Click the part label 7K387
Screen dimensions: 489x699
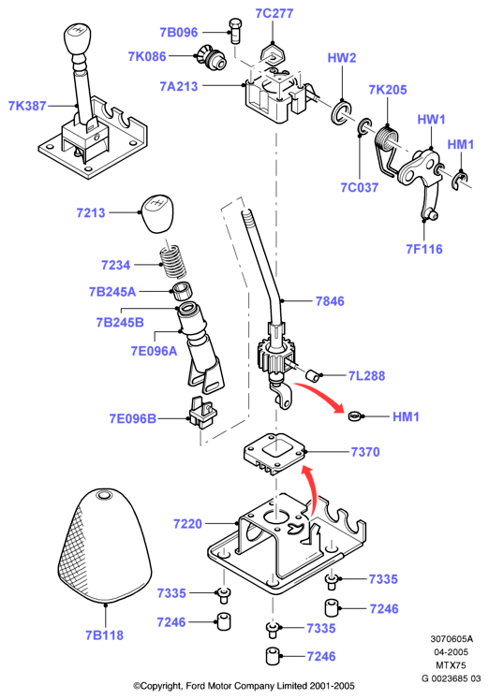click(27, 106)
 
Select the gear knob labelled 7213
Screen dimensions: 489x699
click(158, 213)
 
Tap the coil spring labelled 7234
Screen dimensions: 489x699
click(172, 262)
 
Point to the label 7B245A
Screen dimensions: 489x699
click(112, 292)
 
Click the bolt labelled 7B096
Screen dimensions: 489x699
click(236, 31)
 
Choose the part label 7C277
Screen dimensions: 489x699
click(274, 13)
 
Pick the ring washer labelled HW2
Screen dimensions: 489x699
click(341, 113)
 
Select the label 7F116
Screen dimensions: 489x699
click(423, 249)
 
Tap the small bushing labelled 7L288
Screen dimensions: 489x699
click(313, 376)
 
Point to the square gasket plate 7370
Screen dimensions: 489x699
click(274, 454)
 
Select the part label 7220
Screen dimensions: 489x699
click(187, 523)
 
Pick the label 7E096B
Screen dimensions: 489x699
click(132, 419)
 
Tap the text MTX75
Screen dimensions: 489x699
click(451, 665)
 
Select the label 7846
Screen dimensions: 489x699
click(330, 301)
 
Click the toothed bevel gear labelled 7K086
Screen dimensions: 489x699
click(211, 57)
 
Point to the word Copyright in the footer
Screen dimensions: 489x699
click(161, 686)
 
